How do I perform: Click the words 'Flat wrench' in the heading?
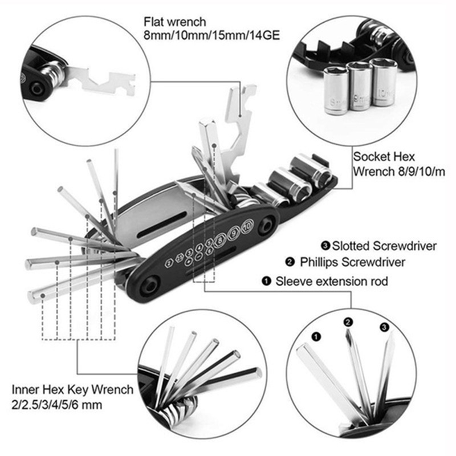(175, 22)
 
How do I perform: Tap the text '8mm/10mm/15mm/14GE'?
(211, 35)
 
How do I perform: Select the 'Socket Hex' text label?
(384, 157)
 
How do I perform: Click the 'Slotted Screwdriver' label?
(384, 246)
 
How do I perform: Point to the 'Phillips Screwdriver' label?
(352, 262)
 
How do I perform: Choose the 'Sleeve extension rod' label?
(332, 281)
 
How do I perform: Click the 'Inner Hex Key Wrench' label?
(72, 390)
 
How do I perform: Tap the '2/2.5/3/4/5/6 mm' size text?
(56, 405)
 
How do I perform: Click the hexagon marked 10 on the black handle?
(247, 226)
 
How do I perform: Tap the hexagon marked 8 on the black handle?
(220, 240)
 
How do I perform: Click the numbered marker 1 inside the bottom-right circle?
(316, 337)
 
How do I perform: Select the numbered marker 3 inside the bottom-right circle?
(384, 327)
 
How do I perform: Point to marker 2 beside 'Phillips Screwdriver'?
(290, 262)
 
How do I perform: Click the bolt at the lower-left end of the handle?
(150, 287)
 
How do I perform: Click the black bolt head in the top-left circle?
(38, 88)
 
